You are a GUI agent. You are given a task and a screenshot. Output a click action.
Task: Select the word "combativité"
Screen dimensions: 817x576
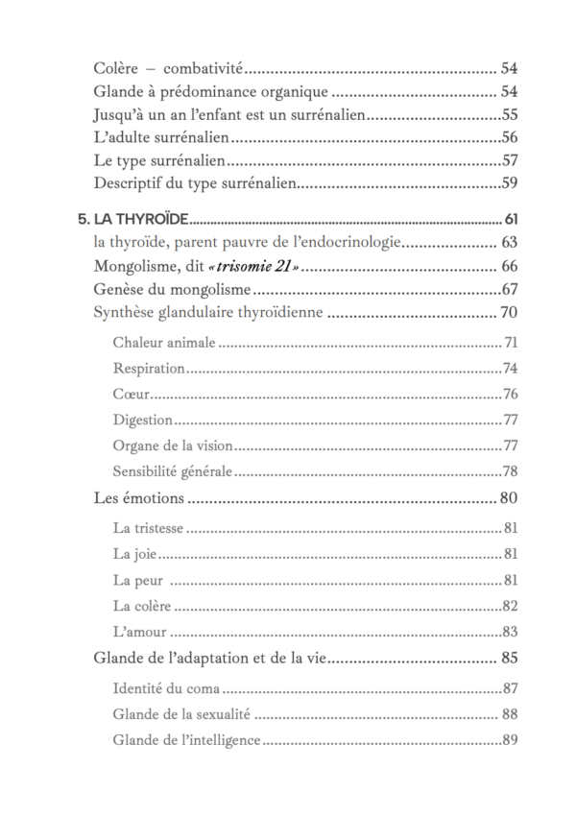point(202,68)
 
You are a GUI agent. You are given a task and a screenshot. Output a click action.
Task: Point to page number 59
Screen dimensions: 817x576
point(510,182)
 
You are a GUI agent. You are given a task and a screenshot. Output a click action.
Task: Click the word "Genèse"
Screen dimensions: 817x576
point(120,289)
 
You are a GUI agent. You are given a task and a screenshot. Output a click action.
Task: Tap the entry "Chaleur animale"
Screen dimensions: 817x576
point(164,343)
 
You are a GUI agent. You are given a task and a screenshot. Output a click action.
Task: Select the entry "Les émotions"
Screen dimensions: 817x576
point(138,497)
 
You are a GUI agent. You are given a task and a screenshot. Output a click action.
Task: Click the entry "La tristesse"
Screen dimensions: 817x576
point(148,528)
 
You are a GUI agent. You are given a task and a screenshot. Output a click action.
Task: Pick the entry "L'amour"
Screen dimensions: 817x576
point(139,631)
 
